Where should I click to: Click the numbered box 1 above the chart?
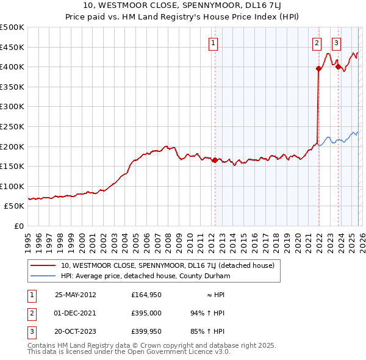pos(213,43)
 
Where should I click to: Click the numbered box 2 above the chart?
pos(317,43)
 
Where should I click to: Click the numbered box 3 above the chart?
pos(337,43)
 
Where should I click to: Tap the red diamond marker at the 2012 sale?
pos(215,160)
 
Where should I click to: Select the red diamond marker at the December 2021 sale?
pos(318,68)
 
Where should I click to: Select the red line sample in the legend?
pos(43,265)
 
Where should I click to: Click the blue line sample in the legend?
pos(43,275)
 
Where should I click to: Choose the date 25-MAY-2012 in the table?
pos(76,294)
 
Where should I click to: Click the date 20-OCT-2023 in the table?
pos(76,331)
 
